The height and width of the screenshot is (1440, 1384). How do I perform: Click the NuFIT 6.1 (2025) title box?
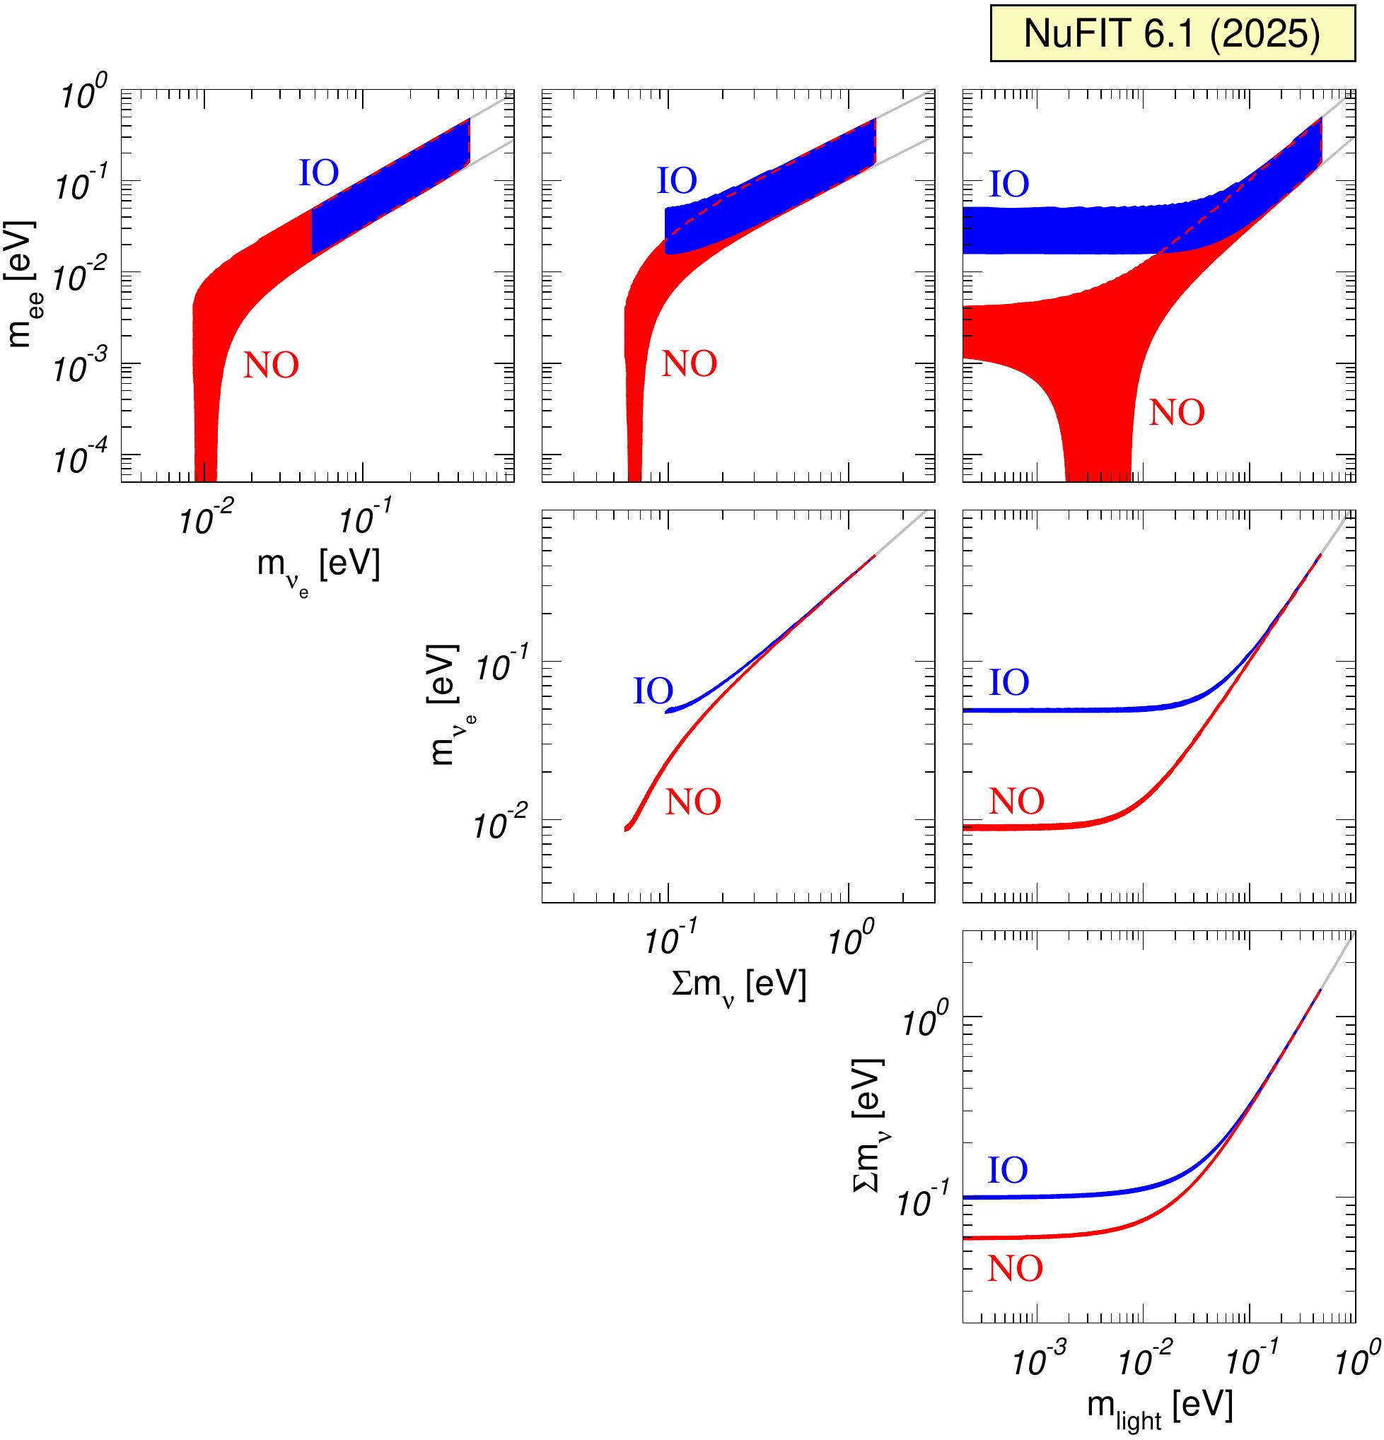click(x=1172, y=34)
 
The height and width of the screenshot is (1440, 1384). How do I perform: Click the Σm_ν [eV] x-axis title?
click(x=738, y=986)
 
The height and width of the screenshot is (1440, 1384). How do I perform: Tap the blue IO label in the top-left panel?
click(x=318, y=173)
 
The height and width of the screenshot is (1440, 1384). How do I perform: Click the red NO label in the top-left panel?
click(x=272, y=365)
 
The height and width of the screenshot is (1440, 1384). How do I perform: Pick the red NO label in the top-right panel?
click(x=1176, y=413)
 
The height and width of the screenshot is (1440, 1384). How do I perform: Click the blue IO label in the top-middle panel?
click(x=676, y=181)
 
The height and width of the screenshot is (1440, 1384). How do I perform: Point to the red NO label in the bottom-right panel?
click(x=1014, y=1269)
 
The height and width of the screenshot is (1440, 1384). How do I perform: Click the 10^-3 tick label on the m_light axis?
click(x=1039, y=1362)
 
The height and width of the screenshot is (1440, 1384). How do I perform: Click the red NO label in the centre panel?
click(x=692, y=802)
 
